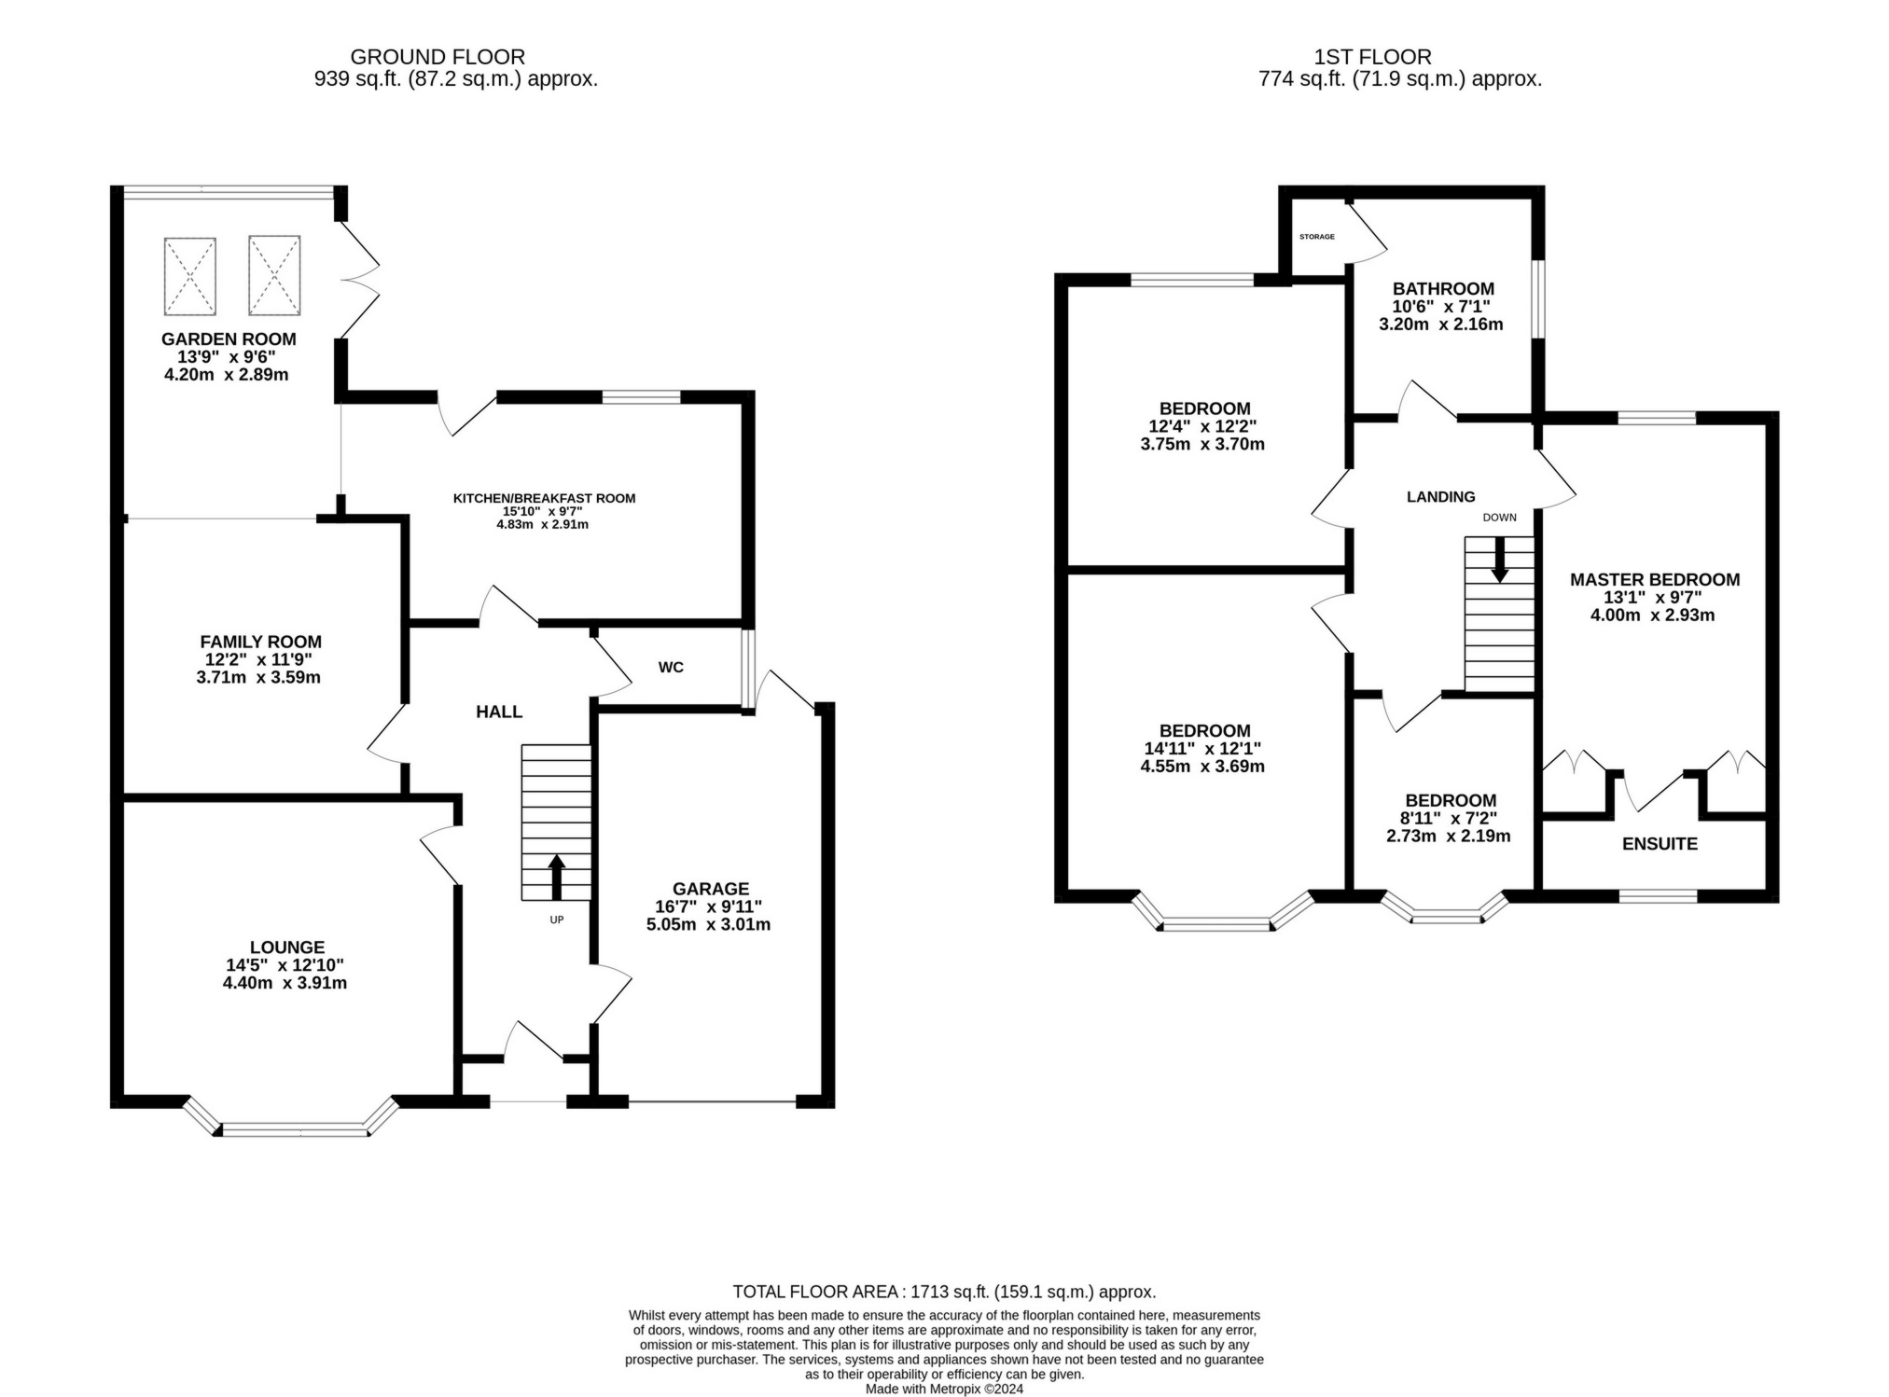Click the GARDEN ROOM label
pyautogui.click(x=229, y=339)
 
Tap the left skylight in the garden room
pyautogui.click(x=190, y=275)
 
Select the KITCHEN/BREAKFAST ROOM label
pyautogui.click(x=544, y=498)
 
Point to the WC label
pyautogui.click(x=671, y=667)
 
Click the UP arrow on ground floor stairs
pyautogui.click(x=556, y=875)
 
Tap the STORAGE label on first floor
pyautogui.click(x=1316, y=237)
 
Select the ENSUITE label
pyautogui.click(x=1660, y=844)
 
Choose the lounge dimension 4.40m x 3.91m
pyautogui.click(x=285, y=983)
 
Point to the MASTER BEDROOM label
pyautogui.click(x=1654, y=579)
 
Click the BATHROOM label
pyautogui.click(x=1443, y=289)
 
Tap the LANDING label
pyautogui.click(x=1440, y=497)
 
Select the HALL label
pyautogui.click(x=499, y=712)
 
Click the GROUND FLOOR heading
pyautogui.click(x=438, y=57)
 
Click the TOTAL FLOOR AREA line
pyautogui.click(x=943, y=1292)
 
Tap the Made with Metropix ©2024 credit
pyautogui.click(x=944, y=1389)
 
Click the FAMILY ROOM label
pyautogui.click(x=260, y=642)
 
